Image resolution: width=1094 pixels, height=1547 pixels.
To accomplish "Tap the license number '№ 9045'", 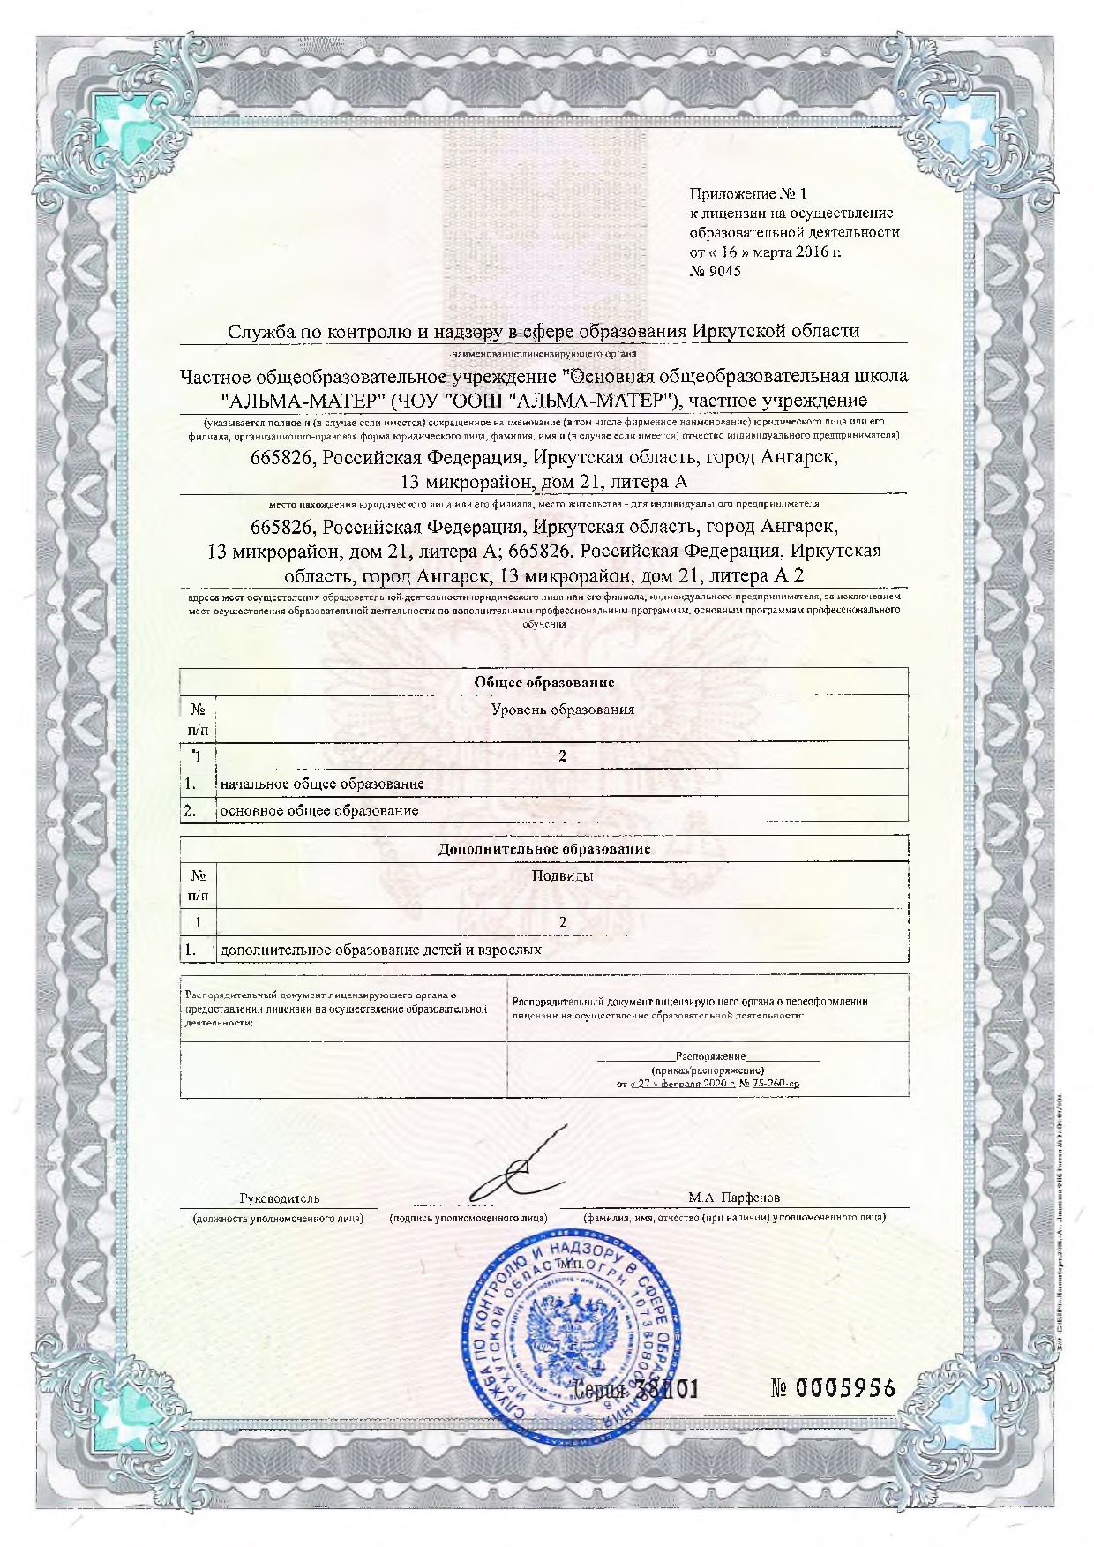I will [715, 271].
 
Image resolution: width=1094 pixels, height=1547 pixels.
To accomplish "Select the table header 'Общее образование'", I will [543, 681].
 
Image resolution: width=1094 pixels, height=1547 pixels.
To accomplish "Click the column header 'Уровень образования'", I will [562, 710].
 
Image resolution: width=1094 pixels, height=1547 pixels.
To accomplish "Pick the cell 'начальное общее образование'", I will [322, 784].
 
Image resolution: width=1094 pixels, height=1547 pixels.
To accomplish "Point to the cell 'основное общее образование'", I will [318, 811].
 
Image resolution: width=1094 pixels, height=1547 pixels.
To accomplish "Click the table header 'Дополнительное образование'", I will [544, 849].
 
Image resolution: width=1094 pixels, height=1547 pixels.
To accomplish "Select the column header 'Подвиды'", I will [562, 875].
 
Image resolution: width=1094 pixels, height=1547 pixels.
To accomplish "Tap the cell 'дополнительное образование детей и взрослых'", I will [380, 950].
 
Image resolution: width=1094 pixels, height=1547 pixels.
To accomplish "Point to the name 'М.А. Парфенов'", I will [734, 1198].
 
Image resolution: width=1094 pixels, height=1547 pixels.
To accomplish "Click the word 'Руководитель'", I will [280, 1198].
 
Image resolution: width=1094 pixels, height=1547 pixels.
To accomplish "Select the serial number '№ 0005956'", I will [833, 1388].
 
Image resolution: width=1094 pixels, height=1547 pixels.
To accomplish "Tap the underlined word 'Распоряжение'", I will [710, 1055].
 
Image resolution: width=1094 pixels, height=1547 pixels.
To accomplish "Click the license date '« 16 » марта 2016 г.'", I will [765, 252].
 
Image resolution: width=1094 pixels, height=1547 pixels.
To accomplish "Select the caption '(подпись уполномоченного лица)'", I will [468, 1218].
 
